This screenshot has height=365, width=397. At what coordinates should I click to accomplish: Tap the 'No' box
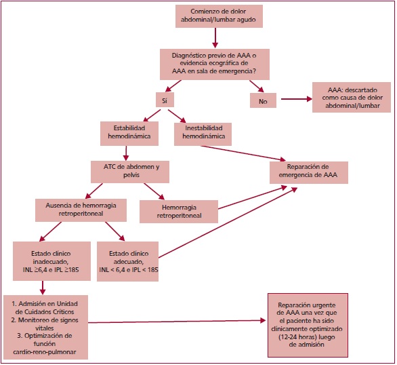click(x=263, y=100)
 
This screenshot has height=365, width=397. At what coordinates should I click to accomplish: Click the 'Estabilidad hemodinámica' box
click(x=129, y=134)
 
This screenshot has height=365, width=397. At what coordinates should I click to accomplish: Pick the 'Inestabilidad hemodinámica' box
click(x=203, y=134)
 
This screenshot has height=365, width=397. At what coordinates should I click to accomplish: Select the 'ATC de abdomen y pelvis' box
click(x=130, y=170)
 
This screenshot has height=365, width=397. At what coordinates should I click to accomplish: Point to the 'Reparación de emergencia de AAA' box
click(x=308, y=172)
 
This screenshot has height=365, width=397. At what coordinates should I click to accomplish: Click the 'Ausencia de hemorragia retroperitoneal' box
click(x=81, y=210)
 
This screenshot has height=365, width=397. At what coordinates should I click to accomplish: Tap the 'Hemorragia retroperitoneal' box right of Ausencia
click(x=179, y=212)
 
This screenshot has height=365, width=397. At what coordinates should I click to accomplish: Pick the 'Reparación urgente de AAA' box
click(x=308, y=325)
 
